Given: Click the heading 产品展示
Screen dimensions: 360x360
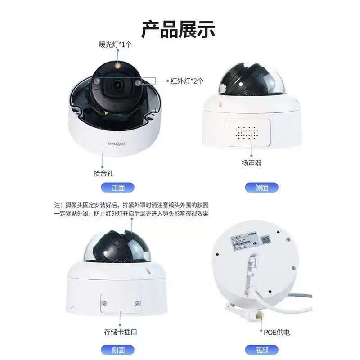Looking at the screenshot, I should [x=179, y=28].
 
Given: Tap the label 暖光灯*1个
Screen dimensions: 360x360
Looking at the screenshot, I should [x=116, y=45].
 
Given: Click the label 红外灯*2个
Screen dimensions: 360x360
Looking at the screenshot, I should [x=187, y=81].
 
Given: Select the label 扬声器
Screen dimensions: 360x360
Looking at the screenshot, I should [x=252, y=163].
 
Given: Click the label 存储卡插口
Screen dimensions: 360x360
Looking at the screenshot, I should [x=120, y=332].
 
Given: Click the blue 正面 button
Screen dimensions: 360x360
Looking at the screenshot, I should [x=118, y=188].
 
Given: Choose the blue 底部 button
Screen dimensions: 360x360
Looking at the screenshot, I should [x=261, y=350].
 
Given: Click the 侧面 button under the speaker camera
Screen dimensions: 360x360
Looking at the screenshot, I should [x=261, y=188].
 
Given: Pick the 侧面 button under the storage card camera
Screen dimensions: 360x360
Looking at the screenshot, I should [x=118, y=350].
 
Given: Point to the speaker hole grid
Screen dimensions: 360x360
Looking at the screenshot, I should [x=247, y=132].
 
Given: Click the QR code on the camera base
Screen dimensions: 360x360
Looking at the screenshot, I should [x=265, y=240].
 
